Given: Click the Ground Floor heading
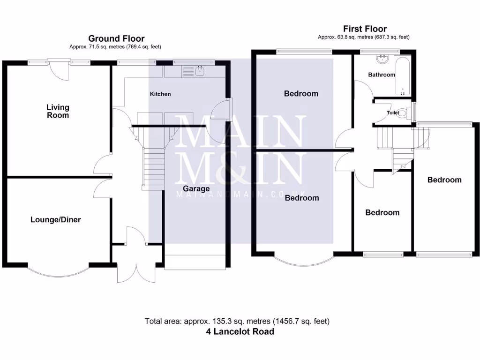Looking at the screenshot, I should pos(116,39).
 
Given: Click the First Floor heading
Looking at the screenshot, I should pos(365,29).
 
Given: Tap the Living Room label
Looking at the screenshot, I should pos(58,112).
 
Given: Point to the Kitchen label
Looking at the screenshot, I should pos(160,94).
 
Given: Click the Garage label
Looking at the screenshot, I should pos(196,189).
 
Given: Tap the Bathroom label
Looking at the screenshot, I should pos(381,75).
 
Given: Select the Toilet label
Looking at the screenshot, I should pos(393,113).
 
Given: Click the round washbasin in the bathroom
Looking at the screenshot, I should pos(383,59).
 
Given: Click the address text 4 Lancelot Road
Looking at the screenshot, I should pos(240,331).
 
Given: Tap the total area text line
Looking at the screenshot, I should pos(237,321).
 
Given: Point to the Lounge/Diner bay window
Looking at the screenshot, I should pos(57,271).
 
